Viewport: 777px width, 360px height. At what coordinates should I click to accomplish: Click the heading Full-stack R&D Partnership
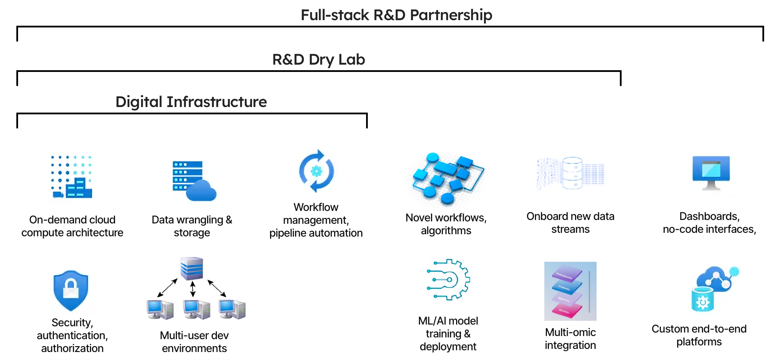pos(396,15)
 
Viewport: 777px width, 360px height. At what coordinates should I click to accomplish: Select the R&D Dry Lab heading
pos(318,59)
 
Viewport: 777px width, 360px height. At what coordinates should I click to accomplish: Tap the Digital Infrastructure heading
pos(191,102)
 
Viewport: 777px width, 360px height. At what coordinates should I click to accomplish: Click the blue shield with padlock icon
pos(71,291)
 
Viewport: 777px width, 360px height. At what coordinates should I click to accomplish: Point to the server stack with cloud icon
pos(194,181)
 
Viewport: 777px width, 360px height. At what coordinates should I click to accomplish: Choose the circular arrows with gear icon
pos(316,171)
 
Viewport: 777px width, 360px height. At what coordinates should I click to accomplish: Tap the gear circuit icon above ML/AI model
pos(448,279)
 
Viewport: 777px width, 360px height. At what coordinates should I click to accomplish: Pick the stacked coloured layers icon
pos(570,291)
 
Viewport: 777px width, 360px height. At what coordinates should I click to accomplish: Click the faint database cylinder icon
pos(572,173)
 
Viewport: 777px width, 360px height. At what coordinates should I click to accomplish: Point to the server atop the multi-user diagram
pos(192,268)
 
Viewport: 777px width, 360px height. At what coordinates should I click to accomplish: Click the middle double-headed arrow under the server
pos(193,289)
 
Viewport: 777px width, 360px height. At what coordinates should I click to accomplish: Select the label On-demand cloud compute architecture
pos(72,226)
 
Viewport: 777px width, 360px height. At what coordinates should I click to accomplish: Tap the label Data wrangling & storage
pos(192,226)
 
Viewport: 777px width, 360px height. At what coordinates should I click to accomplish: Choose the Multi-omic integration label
pos(570,339)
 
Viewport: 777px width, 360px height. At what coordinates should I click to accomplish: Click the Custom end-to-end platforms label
pos(699,335)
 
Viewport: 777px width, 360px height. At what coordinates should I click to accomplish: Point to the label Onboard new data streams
pos(570,223)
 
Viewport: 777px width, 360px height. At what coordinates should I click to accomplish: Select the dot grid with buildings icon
pos(71,177)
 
